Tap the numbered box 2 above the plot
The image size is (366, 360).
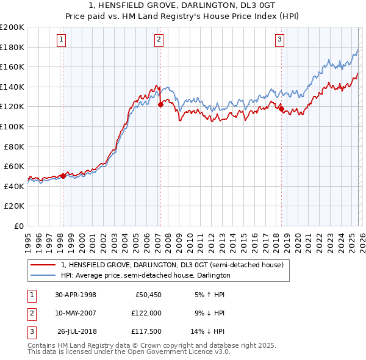click(x=159, y=40)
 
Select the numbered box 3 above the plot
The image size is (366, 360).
click(x=280, y=40)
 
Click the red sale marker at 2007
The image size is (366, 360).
click(x=160, y=104)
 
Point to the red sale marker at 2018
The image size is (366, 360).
click(x=281, y=109)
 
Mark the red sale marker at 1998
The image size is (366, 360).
click(x=63, y=175)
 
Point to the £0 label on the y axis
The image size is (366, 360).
click(x=18, y=226)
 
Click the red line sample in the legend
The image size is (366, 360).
click(x=43, y=265)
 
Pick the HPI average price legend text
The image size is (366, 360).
click(x=145, y=275)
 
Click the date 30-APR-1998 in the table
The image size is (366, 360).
click(x=76, y=295)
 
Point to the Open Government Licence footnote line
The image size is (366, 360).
click(x=129, y=351)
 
